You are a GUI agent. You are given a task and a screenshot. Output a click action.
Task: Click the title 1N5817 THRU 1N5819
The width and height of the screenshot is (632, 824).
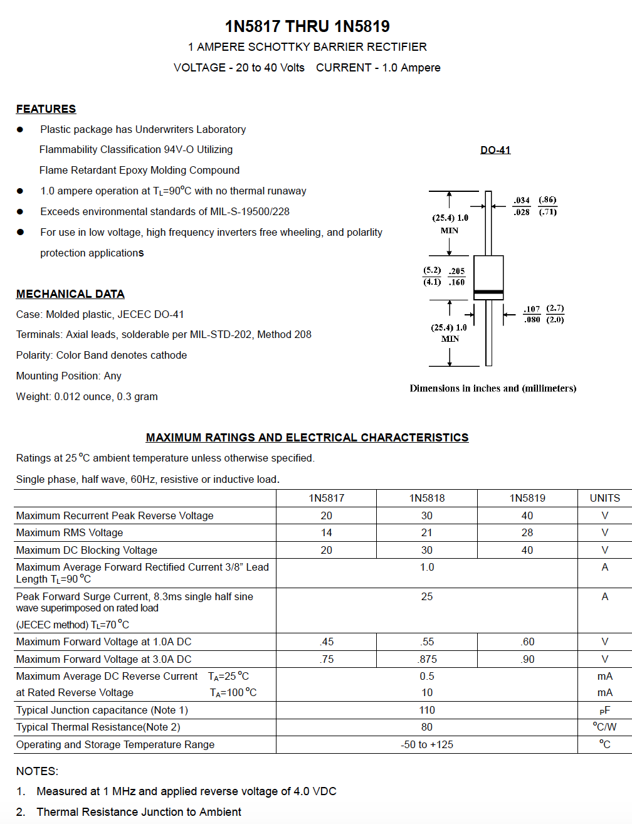click(x=307, y=26)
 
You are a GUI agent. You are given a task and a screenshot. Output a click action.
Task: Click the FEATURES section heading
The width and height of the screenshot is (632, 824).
click(x=46, y=109)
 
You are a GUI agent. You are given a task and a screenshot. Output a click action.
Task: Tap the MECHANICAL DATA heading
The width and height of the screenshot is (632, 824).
click(x=70, y=294)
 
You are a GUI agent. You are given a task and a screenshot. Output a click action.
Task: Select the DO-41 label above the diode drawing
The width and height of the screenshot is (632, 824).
click(x=495, y=151)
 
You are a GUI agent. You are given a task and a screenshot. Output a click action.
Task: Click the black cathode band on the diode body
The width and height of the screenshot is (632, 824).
click(x=488, y=292)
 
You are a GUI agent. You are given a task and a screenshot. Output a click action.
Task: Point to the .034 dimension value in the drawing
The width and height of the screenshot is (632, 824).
click(x=522, y=201)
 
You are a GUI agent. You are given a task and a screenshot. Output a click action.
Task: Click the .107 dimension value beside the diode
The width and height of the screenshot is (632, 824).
click(x=532, y=309)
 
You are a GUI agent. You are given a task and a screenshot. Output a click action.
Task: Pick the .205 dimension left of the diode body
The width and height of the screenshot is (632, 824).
click(x=457, y=272)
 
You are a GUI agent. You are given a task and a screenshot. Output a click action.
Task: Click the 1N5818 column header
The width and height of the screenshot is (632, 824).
click(x=427, y=498)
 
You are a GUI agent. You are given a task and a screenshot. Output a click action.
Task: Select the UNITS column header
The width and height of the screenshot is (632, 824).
click(x=604, y=498)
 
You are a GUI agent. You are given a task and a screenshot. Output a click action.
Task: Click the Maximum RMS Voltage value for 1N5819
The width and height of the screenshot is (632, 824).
click(x=527, y=532)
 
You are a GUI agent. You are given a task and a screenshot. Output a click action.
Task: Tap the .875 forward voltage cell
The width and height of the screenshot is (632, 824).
click(x=427, y=659)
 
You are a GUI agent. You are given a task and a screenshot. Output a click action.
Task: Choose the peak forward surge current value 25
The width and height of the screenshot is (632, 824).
click(x=427, y=596)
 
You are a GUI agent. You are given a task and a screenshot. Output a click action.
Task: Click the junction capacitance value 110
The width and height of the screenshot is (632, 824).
click(x=427, y=710)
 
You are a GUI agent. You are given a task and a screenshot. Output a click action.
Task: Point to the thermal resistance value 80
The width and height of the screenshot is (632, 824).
click(x=427, y=727)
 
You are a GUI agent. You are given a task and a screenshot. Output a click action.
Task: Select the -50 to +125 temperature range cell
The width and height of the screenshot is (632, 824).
click(x=427, y=744)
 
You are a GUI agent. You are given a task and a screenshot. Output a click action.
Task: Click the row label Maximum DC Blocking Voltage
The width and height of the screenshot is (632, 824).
click(x=87, y=550)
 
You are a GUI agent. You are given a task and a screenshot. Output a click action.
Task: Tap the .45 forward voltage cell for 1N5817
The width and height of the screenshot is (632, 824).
click(x=327, y=642)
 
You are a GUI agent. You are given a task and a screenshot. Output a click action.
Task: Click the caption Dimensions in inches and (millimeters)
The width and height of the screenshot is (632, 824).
click(x=493, y=389)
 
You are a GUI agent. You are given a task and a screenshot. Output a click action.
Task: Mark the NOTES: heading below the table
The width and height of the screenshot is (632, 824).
click(x=37, y=771)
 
